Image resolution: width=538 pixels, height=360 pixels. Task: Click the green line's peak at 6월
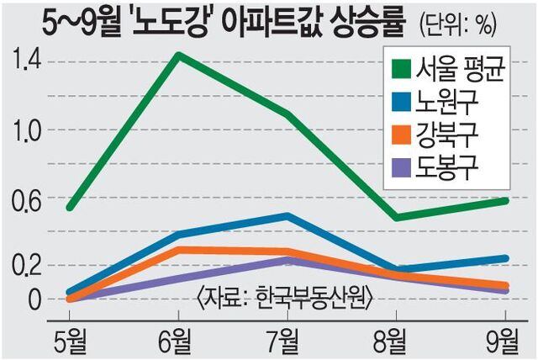coord(178,56)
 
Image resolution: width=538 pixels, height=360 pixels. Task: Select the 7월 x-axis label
coord(287,341)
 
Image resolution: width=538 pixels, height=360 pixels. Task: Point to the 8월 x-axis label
coord(395,341)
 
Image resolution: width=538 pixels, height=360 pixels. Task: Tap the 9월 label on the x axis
coord(504,341)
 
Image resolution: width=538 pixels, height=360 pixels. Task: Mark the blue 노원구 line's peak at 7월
coord(287,216)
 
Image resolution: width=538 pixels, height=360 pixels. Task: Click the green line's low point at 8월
coord(395,217)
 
